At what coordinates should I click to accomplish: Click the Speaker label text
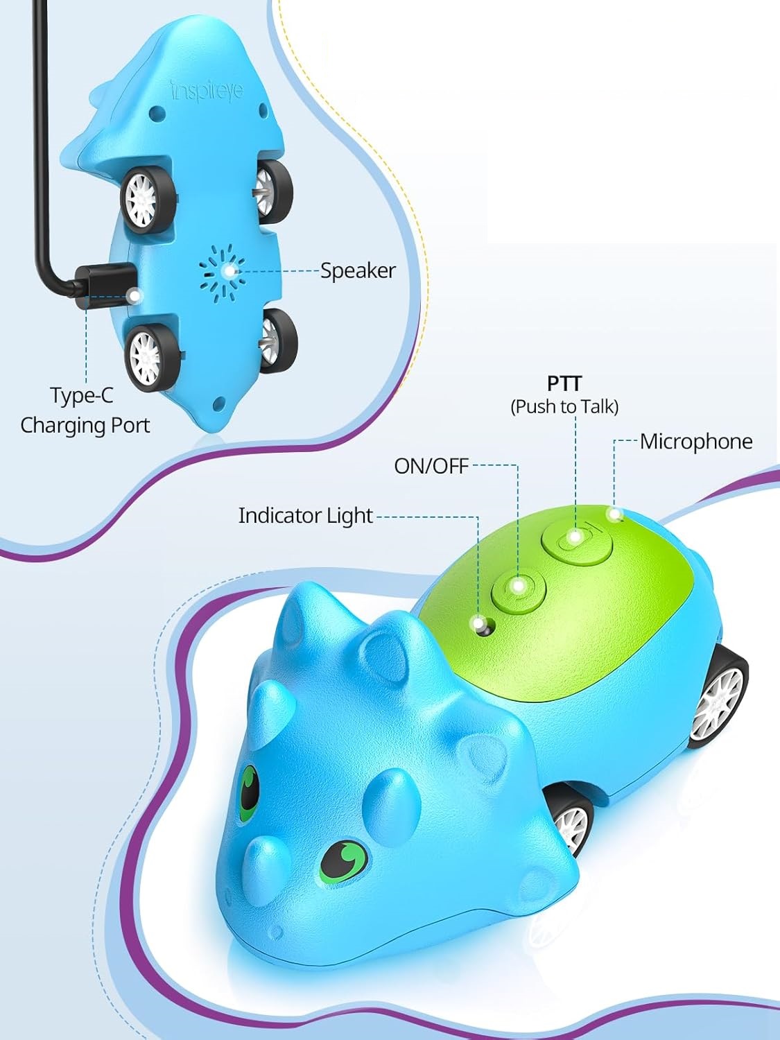(358, 270)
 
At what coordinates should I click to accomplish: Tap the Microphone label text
(695, 442)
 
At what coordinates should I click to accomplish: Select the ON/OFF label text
(431, 466)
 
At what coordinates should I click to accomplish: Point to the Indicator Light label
(305, 516)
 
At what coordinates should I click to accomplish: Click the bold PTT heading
(564, 383)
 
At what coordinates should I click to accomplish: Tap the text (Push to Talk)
(564, 406)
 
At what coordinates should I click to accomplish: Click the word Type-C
(81, 396)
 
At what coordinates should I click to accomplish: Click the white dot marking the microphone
(614, 514)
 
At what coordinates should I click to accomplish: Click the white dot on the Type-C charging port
(134, 296)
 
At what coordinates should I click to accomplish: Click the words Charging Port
(85, 425)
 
